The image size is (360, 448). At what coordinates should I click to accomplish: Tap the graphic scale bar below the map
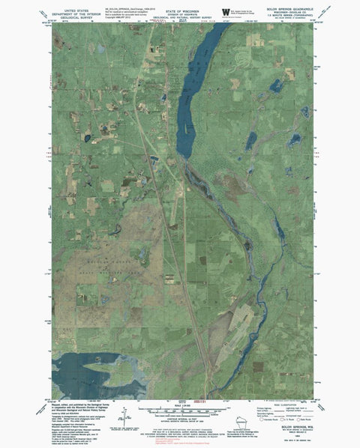pyautogui.click(x=178, y=402)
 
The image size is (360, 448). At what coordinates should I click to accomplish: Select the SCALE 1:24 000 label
pyautogui.click(x=178, y=397)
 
